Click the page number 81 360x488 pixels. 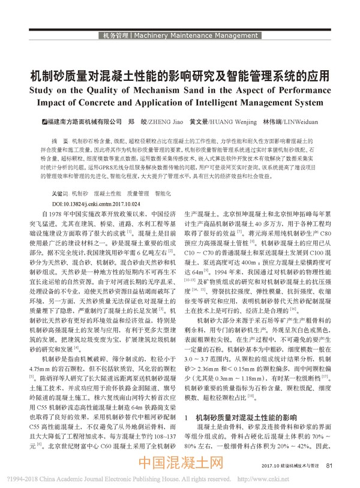click(x=329, y=464)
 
